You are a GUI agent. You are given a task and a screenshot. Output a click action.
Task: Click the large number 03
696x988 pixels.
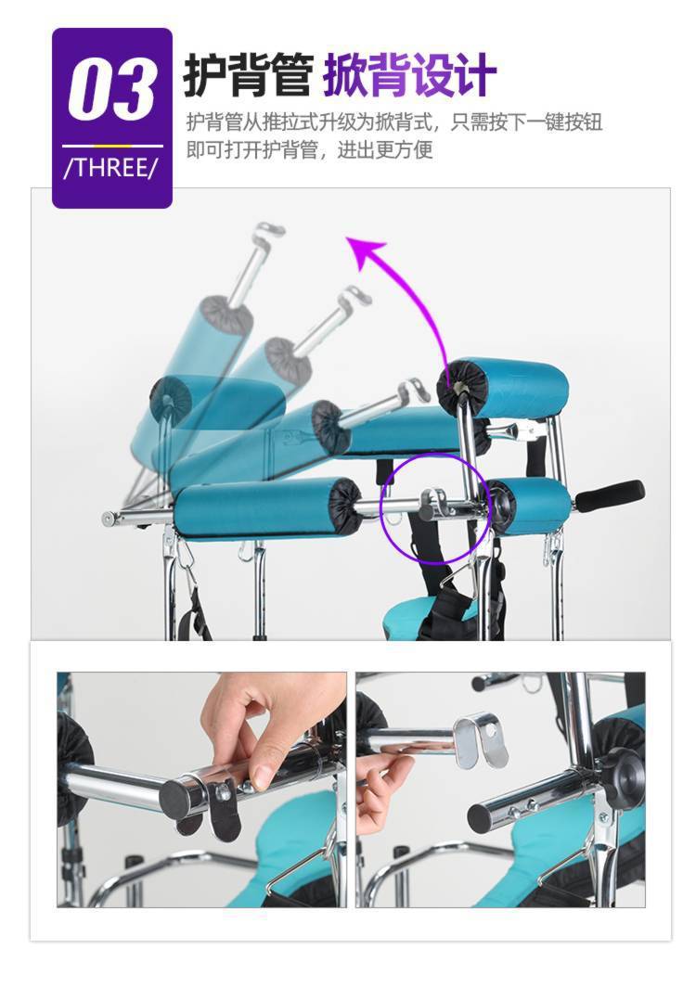[111, 88]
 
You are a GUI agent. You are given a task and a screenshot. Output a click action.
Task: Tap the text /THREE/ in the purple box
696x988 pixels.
[111, 168]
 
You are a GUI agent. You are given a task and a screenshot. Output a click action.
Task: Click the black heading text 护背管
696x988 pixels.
[248, 75]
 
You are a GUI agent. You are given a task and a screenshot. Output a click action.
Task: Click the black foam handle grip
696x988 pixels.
[609, 495]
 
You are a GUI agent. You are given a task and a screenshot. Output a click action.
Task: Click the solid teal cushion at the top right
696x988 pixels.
[503, 389]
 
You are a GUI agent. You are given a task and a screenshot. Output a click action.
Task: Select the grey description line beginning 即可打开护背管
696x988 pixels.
[310, 150]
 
